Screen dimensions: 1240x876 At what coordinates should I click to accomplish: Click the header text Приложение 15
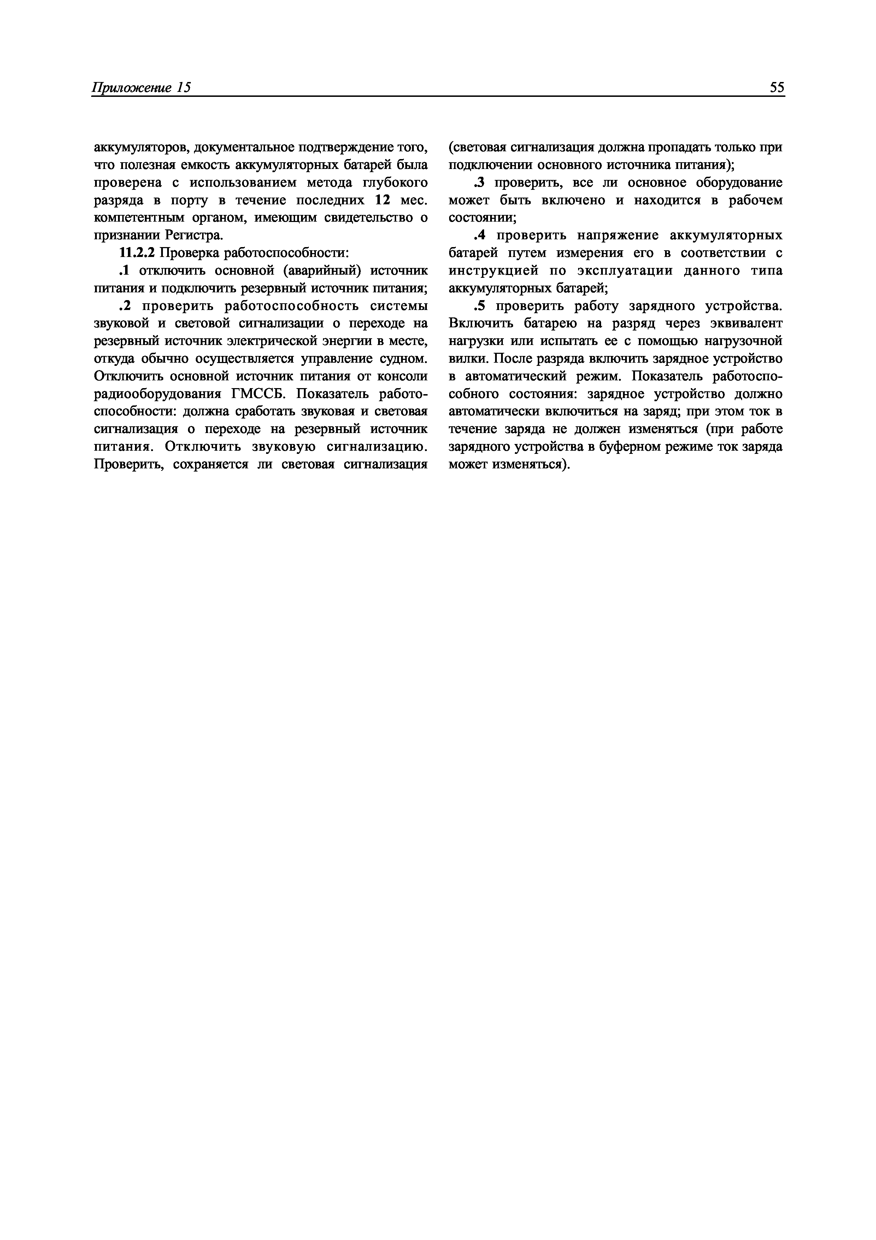(x=141, y=88)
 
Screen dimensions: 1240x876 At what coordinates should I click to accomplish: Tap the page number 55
(x=777, y=88)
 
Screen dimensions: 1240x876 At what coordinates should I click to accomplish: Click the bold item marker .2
(x=125, y=306)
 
